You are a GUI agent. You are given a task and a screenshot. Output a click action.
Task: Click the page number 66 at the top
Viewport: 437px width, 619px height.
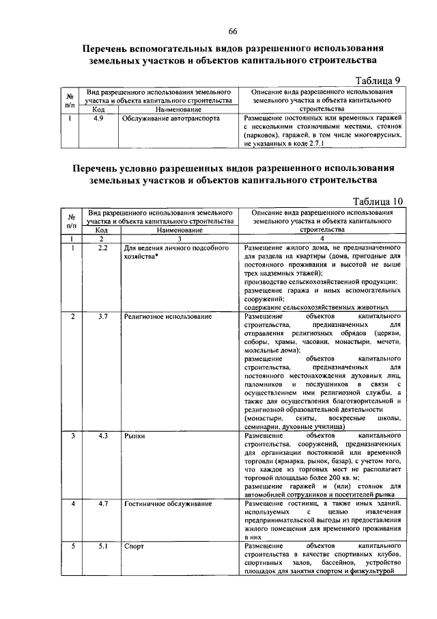pos(232,32)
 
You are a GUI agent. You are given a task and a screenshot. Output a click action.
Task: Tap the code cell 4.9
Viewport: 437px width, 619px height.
pos(99,118)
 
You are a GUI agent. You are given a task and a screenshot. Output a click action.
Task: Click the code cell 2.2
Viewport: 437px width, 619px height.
pos(103,247)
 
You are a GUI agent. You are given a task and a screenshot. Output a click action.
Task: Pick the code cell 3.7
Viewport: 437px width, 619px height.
pos(103,317)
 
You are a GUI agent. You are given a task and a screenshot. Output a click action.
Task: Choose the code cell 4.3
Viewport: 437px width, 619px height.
pos(103,435)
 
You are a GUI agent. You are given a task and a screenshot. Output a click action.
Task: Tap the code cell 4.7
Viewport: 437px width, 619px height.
pos(103,504)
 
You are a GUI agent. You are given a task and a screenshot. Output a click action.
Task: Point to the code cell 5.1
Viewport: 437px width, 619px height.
pos(103,546)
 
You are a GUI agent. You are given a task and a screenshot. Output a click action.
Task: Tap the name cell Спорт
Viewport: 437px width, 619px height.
pos(134,546)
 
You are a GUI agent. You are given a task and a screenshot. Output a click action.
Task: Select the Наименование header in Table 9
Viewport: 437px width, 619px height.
pos(178,109)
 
